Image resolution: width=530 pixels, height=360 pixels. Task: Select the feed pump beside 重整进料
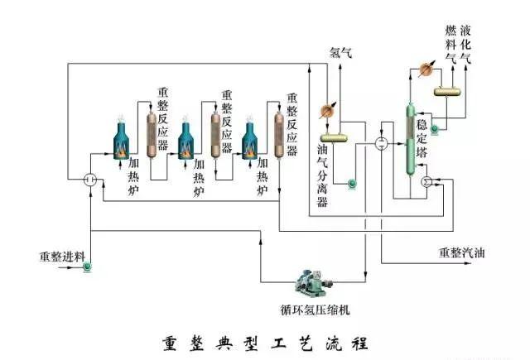[x=88, y=266]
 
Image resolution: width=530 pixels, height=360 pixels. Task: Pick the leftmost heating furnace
[x=123, y=140]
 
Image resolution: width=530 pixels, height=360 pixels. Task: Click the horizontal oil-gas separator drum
[x=335, y=136]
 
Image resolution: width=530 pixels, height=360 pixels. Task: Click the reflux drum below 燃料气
[x=451, y=89]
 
